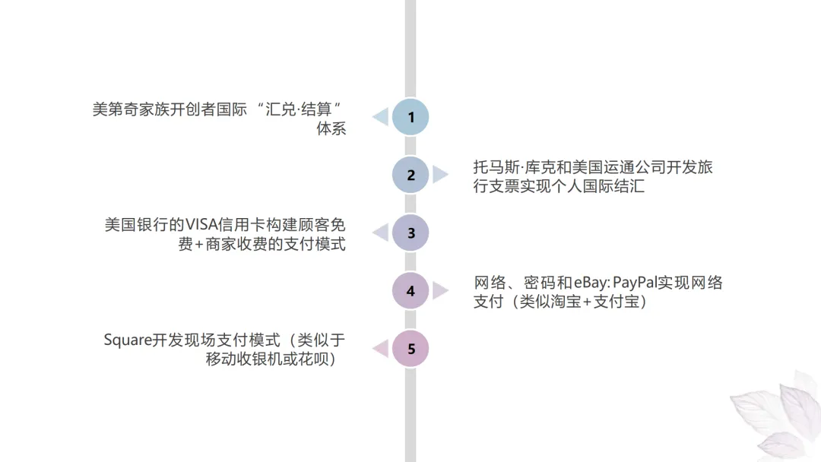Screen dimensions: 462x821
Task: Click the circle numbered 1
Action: pyautogui.click(x=410, y=117)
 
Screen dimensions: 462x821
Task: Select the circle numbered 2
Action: pyautogui.click(x=410, y=175)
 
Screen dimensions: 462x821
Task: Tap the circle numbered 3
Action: pyautogui.click(x=410, y=233)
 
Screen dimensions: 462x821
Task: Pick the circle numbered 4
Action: pyautogui.click(x=410, y=290)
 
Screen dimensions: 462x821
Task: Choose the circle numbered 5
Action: pyautogui.click(x=410, y=349)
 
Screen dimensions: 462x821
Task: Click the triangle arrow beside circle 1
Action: pyautogui.click(x=380, y=117)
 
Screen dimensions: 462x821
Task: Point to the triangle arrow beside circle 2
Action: pyautogui.click(x=440, y=175)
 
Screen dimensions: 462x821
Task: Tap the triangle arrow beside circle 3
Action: pyautogui.click(x=380, y=233)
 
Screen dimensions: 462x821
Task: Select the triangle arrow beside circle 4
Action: pyautogui.click(x=440, y=290)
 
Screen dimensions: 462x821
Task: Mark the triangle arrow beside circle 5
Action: pyautogui.click(x=380, y=349)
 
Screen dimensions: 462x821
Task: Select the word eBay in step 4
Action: pyautogui.click(x=584, y=283)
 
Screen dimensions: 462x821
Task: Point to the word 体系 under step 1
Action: pyautogui.click(x=331, y=128)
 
